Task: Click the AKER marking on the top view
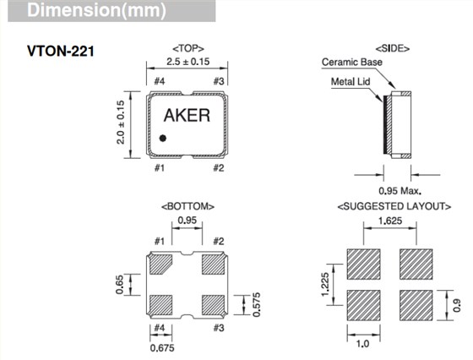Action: tap(187, 117)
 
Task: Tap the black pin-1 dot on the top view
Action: tap(163, 136)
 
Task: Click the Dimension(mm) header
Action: tap(68, 12)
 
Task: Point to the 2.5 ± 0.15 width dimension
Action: tap(187, 63)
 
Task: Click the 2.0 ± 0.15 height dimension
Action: tap(122, 123)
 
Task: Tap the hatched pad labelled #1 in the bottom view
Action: tap(161, 265)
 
